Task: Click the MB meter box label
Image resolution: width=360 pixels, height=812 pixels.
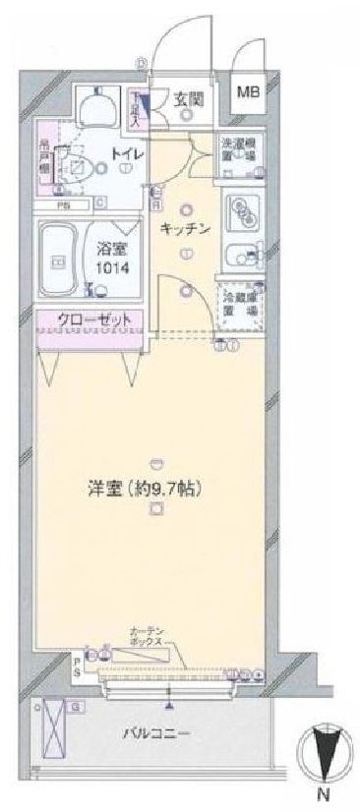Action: [246, 92]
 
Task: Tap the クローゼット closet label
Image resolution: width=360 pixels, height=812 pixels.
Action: [89, 320]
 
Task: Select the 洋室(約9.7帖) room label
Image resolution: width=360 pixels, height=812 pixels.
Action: [156, 486]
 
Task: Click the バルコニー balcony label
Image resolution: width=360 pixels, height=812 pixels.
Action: [155, 732]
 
